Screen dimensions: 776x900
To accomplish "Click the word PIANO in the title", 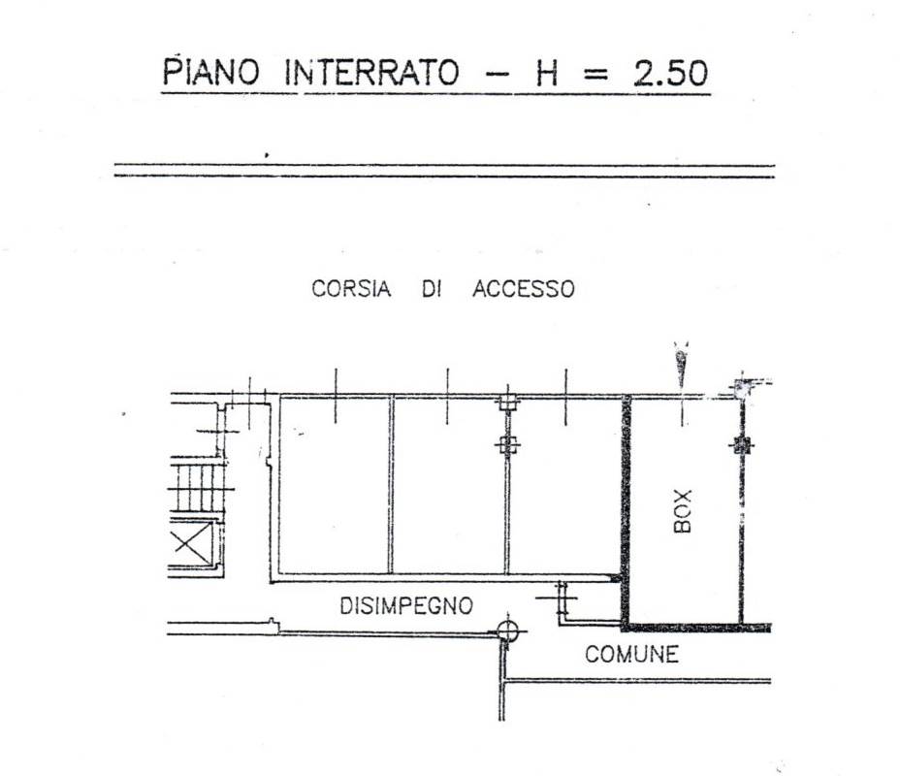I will (x=212, y=73).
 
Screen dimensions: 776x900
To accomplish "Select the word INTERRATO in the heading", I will (x=379, y=74).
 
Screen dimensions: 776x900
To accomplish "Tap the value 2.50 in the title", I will (x=670, y=74).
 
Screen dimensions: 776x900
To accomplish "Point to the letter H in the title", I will (x=547, y=74).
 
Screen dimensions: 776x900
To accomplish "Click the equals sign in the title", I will (x=597, y=75).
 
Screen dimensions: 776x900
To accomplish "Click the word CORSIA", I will (x=351, y=289).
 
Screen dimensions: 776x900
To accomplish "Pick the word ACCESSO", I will (x=523, y=289).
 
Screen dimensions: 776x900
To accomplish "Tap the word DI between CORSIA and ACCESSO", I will (x=432, y=289).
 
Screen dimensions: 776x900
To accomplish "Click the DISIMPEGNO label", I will (x=406, y=606).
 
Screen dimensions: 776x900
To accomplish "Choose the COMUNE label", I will (x=631, y=655).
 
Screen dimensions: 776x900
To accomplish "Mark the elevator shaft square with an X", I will (x=190, y=542).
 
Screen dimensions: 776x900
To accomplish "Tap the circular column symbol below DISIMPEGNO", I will (x=505, y=631).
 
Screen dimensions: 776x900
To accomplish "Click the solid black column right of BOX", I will (x=742, y=446).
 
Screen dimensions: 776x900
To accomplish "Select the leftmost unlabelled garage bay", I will (x=335, y=485).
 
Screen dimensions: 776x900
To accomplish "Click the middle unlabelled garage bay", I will (x=448, y=485).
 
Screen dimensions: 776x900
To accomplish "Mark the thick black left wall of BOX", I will (x=627, y=509).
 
